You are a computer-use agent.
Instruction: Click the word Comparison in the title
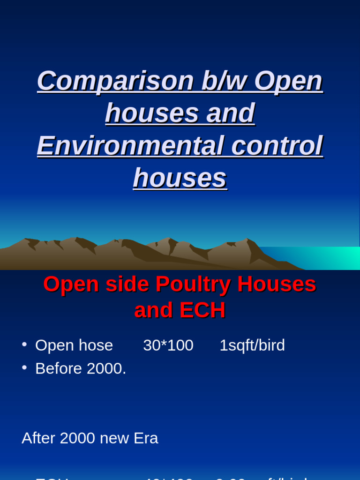pos(115,81)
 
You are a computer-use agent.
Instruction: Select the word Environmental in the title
pos(130,145)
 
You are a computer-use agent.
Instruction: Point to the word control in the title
pos(277,145)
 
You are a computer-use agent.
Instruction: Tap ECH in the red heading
pos(204,310)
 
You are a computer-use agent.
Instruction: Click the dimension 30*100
pos(168,345)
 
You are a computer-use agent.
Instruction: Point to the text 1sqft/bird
pos(252,345)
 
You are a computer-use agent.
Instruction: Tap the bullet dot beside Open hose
pos(24,345)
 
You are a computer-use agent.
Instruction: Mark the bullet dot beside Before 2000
pos(24,367)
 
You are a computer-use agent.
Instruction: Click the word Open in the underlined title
pos(288,81)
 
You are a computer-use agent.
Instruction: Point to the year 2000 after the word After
pos(77,438)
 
